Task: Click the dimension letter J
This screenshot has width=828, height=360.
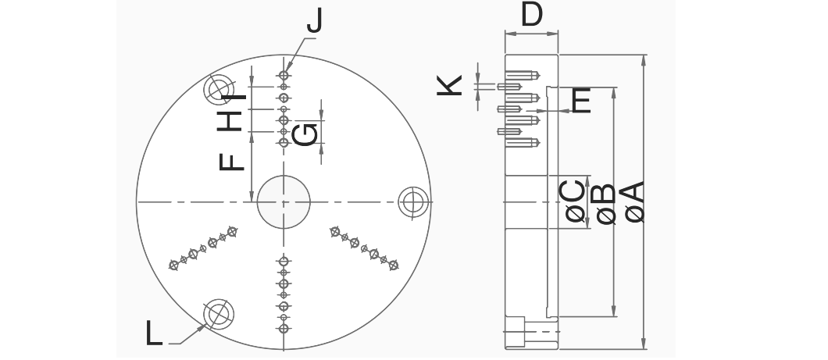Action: tap(314, 21)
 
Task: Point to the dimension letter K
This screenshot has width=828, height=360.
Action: tap(449, 84)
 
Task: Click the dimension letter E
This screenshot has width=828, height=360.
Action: tap(581, 101)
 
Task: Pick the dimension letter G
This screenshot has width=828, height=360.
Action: tap(308, 135)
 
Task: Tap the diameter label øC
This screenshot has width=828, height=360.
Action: tap(575, 202)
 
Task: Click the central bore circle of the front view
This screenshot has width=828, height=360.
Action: tap(283, 201)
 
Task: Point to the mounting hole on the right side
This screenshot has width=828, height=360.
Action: tap(412, 201)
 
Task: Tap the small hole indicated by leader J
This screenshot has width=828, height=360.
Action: tap(284, 76)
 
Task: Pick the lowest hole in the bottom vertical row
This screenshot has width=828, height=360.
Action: tap(284, 329)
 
